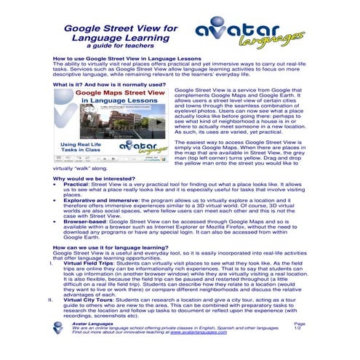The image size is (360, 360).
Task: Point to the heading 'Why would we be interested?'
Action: [x=93, y=177]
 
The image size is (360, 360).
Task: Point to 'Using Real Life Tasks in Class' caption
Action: [x=81, y=148]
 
